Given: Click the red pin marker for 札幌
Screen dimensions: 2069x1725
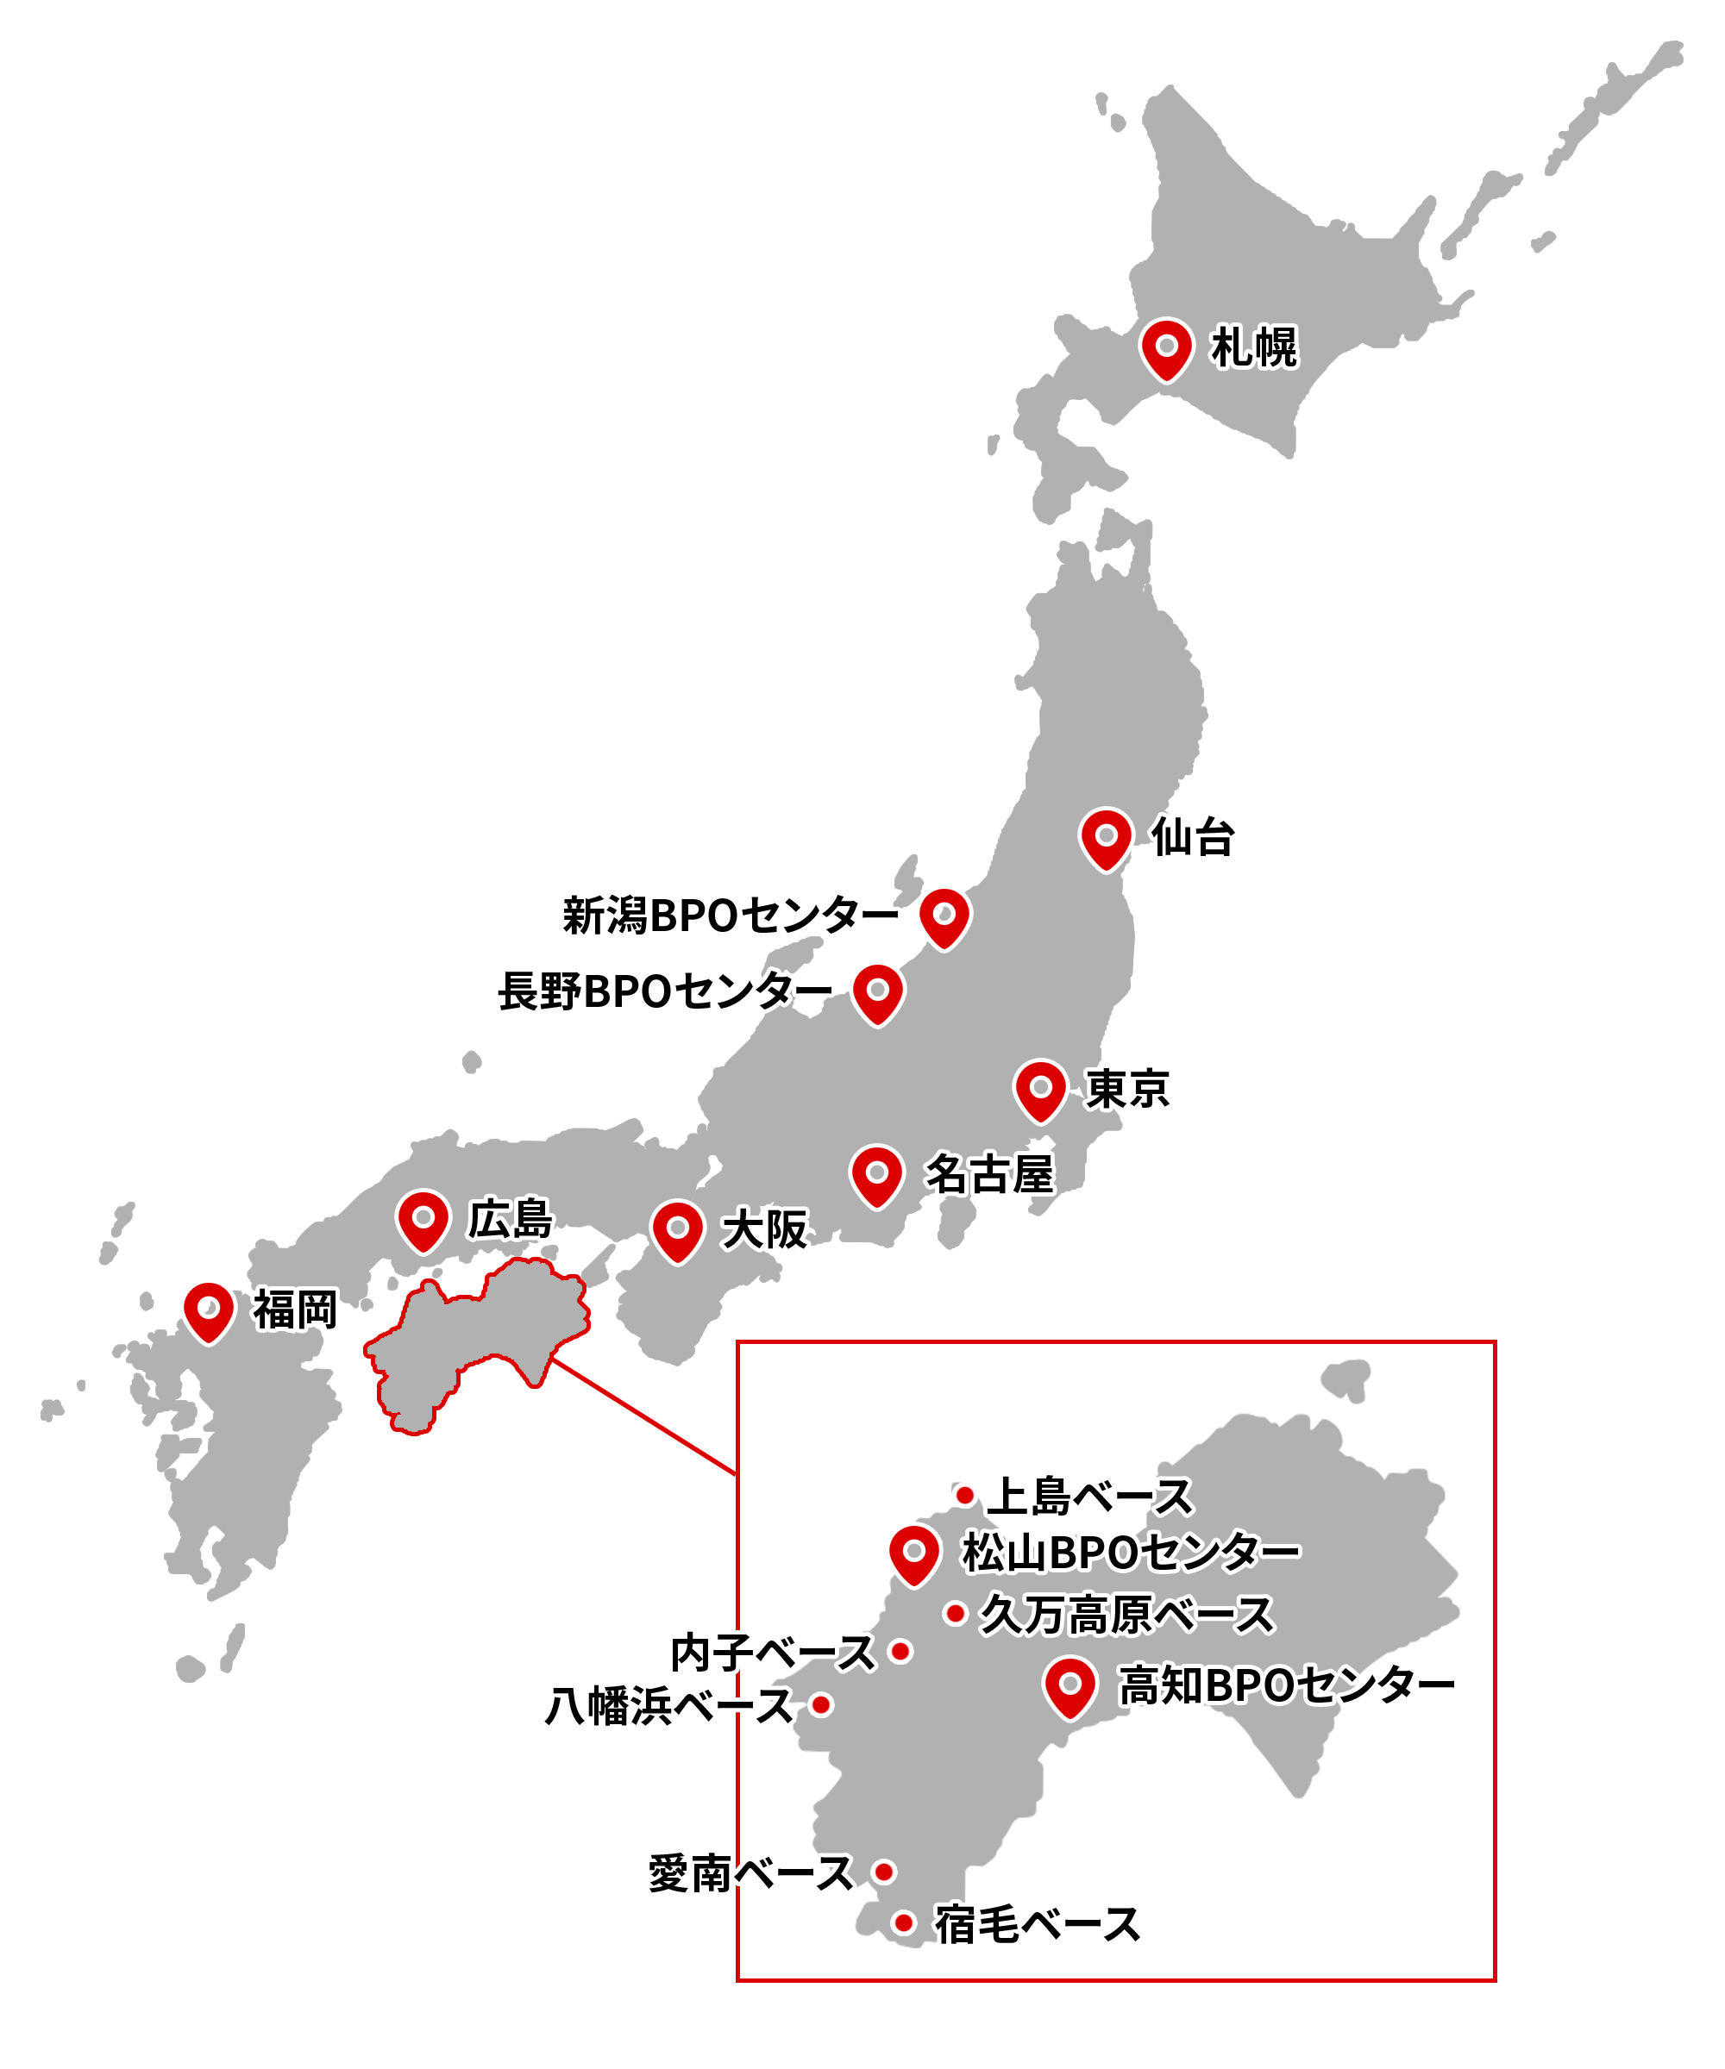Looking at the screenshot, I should [x=1166, y=347].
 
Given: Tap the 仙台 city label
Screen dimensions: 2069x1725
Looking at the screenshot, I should [x=1193, y=837].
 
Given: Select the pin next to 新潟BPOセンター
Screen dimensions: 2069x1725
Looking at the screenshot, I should [x=944, y=916].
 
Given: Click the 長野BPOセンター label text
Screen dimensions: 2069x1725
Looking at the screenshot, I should [x=664, y=991].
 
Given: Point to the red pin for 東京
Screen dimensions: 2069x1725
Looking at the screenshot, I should [x=1040, y=1089].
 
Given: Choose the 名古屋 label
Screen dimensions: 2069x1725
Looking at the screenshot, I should [x=988, y=1174].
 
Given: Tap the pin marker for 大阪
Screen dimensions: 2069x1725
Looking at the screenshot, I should [x=677, y=1228].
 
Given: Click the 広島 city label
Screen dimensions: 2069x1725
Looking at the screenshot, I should [x=510, y=1220].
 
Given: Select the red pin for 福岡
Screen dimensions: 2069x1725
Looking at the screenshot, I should [x=209, y=1310].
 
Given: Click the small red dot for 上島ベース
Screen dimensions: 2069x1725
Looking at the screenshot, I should [x=965, y=1496].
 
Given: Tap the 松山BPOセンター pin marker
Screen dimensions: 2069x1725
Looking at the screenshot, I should [x=913, y=1552].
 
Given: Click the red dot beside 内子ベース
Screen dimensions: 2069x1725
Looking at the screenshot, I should [x=900, y=1651].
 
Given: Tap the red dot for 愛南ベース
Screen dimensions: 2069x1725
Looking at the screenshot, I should [x=884, y=1872].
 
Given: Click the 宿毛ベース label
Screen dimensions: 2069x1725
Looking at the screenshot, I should [x=1037, y=1925].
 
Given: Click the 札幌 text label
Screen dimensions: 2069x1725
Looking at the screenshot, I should [x=1254, y=347].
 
